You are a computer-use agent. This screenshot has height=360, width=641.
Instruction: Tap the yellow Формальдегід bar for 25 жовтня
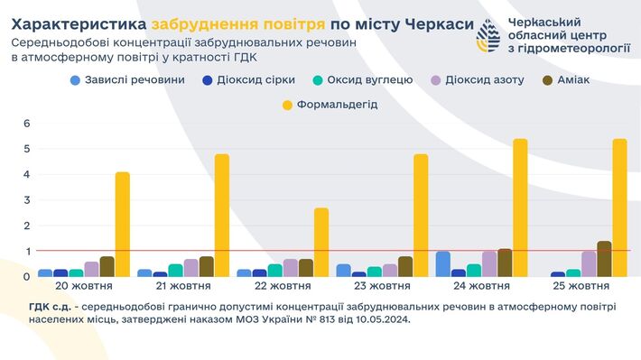618,208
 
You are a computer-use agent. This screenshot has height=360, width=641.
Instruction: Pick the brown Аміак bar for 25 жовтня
604,259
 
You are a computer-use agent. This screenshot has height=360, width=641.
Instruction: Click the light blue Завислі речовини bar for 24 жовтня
442,263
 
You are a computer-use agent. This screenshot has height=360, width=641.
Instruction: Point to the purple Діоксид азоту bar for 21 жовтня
190,267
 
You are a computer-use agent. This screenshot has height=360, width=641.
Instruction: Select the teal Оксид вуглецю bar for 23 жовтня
374,271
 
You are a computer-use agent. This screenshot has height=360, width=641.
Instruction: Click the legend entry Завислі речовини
126,79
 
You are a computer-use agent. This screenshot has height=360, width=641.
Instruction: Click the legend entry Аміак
566,79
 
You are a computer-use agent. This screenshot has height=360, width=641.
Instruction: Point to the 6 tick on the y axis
26,124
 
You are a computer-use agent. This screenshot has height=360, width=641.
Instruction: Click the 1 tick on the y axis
26,251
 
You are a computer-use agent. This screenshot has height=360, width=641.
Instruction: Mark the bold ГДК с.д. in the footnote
53,307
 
